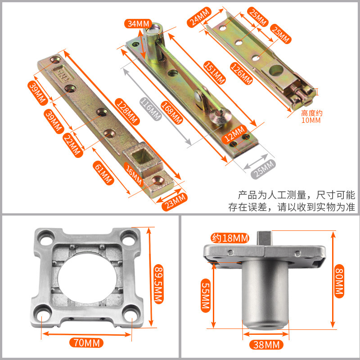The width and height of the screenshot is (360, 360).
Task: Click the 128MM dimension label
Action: (127, 112)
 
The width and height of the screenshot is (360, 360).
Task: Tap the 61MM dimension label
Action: (103, 173)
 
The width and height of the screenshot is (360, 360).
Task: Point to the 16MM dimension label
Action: (134, 174)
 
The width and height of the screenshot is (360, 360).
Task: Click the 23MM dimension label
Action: (175, 202)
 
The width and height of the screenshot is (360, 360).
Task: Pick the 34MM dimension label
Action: (138, 24)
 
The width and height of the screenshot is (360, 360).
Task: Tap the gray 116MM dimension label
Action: (151, 109)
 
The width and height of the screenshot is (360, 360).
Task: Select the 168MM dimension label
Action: (172, 112)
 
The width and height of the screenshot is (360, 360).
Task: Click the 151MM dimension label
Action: (215, 72)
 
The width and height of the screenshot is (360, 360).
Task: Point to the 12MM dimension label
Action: (234, 134)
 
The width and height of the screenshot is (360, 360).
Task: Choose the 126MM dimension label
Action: (242, 73)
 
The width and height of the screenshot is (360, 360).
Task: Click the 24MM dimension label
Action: (199, 17)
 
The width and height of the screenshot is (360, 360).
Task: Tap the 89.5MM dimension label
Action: (158, 284)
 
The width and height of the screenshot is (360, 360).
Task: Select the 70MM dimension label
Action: (86, 343)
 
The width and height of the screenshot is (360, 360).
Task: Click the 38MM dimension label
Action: (266, 345)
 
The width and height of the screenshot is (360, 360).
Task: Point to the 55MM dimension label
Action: (206, 296)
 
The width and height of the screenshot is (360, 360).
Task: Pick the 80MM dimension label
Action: (339, 281)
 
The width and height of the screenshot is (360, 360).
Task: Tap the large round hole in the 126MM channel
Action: (276, 71)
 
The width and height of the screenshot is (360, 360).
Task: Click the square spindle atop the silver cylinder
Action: (265, 238)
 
